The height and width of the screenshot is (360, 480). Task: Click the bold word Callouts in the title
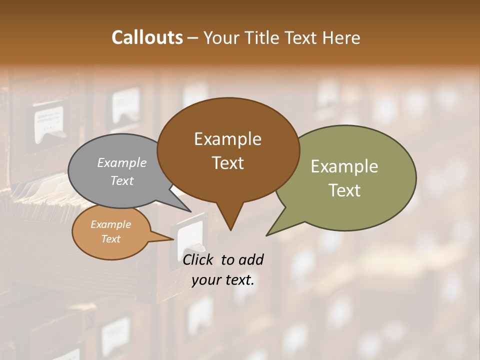click(147, 37)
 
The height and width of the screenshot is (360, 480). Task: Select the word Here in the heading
click(342, 38)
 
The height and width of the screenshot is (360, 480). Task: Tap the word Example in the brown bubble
click(227, 139)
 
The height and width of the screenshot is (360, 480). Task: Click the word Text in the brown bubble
click(227, 163)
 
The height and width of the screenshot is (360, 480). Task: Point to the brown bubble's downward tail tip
click(230, 229)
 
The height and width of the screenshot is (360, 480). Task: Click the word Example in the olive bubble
click(344, 166)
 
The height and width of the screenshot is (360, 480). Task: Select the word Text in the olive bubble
click(344, 190)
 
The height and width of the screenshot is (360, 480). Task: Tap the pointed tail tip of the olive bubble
click(267, 235)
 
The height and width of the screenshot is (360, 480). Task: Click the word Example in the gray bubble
click(121, 163)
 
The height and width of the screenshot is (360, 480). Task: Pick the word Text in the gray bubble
click(121, 181)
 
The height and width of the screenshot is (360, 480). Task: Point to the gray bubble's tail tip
click(190, 211)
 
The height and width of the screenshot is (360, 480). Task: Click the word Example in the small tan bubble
click(110, 224)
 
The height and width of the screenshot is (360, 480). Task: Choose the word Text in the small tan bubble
click(110, 239)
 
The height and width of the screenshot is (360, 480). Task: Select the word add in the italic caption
click(250, 259)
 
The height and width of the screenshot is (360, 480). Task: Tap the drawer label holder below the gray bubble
click(189, 235)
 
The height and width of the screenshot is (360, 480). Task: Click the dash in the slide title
click(193, 38)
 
